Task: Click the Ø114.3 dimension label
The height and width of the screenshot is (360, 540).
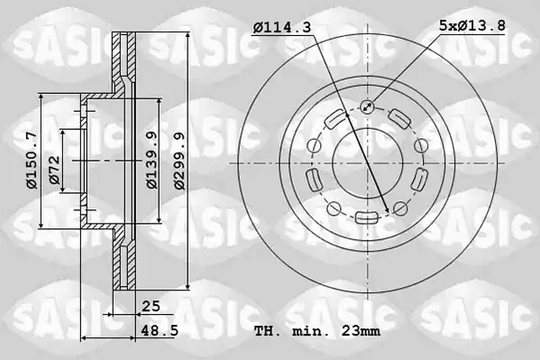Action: [281, 27]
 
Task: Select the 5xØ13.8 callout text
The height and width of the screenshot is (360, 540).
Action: [472, 25]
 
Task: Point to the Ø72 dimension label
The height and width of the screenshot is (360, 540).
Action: [54, 170]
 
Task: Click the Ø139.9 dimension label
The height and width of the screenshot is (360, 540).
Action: [151, 161]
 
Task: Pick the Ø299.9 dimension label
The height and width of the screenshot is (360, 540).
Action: [179, 161]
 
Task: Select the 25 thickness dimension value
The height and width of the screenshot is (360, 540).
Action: [151, 306]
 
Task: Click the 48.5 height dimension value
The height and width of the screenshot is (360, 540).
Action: [160, 331]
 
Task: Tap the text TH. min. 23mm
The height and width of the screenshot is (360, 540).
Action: [317, 331]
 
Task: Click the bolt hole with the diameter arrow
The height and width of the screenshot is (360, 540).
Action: [368, 106]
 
